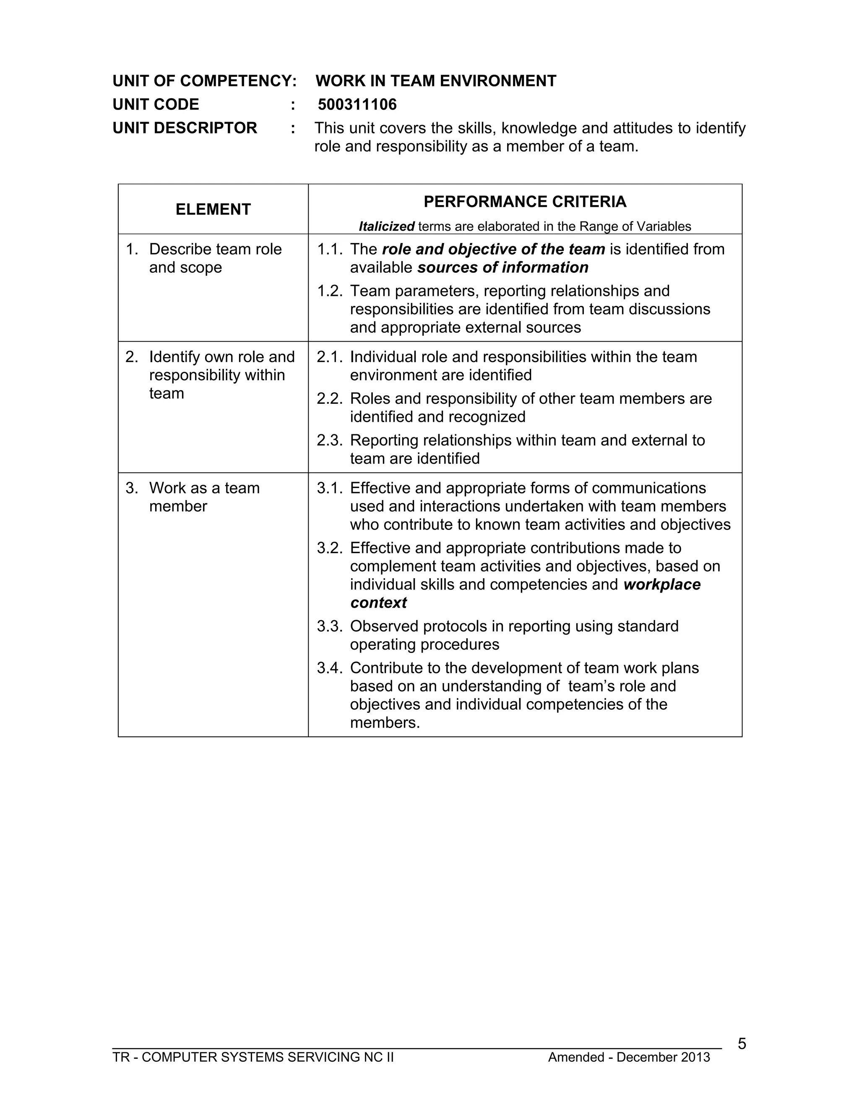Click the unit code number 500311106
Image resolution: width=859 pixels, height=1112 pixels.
[x=357, y=104]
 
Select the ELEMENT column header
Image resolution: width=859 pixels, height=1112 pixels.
[x=213, y=209]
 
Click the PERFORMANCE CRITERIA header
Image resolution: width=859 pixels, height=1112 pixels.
[x=525, y=201]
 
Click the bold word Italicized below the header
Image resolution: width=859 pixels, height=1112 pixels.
[x=386, y=226]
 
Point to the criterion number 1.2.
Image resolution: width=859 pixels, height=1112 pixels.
[x=330, y=291]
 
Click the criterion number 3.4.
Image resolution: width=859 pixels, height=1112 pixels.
[x=330, y=668]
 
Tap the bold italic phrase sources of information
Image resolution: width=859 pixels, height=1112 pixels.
[x=503, y=267]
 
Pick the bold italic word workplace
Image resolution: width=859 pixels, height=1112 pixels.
[x=661, y=584]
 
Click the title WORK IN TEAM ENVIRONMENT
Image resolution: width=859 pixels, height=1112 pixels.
[x=436, y=81]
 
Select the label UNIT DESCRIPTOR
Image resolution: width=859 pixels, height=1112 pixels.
[x=185, y=128]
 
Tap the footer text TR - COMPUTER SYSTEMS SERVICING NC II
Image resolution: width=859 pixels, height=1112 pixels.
[x=253, y=1057]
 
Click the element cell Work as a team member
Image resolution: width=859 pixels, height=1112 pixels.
[x=204, y=497]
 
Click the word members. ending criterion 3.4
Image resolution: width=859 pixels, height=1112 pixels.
[x=385, y=723]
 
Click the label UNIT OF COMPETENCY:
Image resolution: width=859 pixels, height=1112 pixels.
[x=204, y=81]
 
